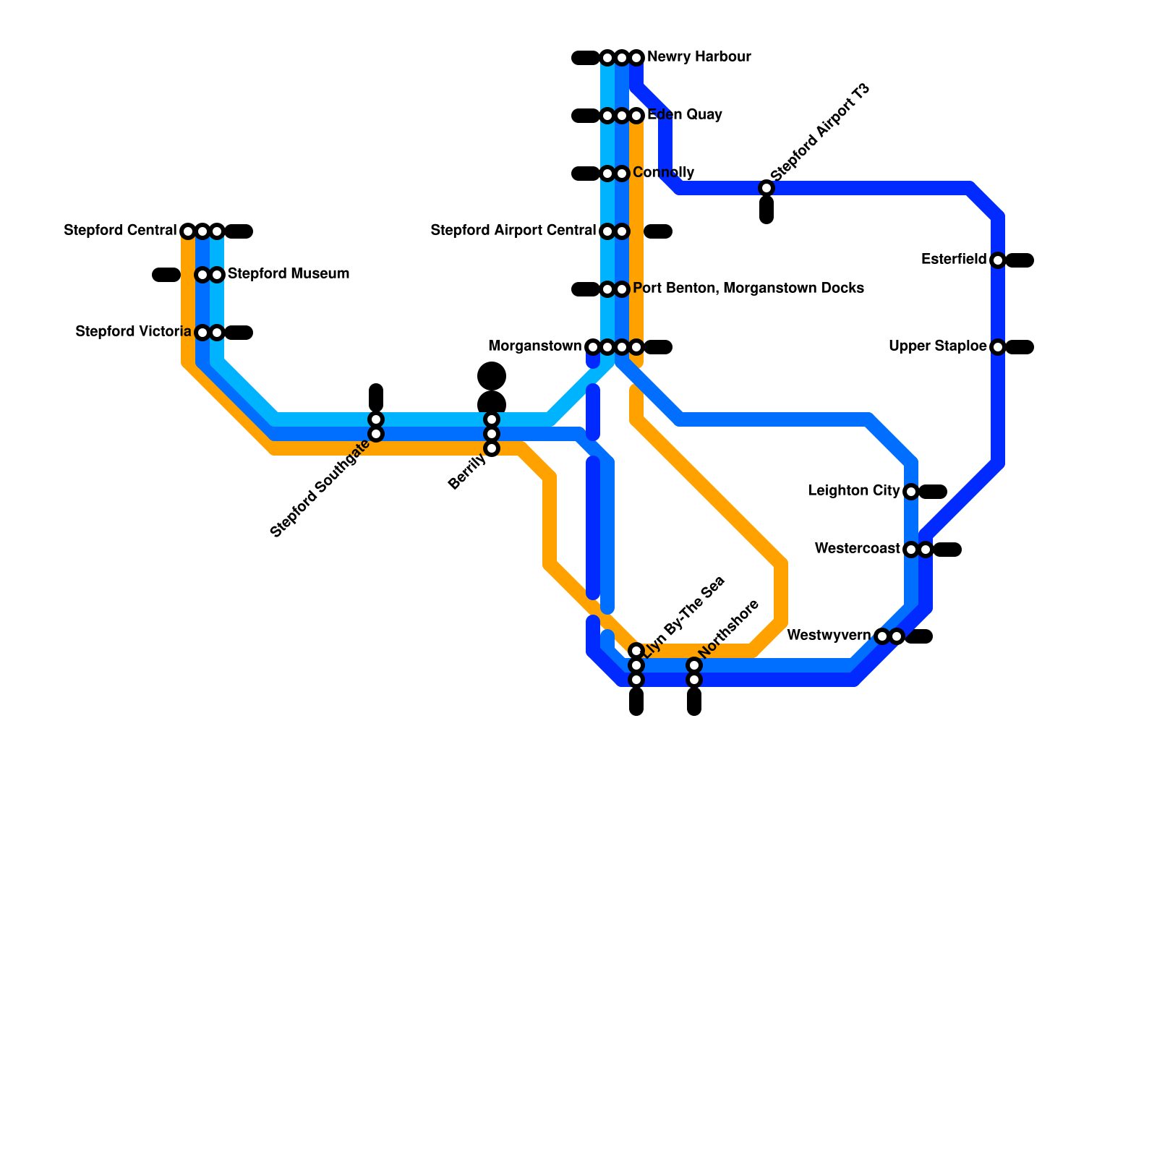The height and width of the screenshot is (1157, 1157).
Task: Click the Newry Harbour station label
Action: [699, 57]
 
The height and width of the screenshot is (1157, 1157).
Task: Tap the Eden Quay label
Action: [684, 115]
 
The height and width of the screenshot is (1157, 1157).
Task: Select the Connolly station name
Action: [663, 173]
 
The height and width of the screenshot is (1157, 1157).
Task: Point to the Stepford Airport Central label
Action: [513, 231]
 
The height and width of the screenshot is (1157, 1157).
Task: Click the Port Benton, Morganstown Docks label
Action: [748, 289]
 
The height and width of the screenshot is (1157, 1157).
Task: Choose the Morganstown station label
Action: [534, 346]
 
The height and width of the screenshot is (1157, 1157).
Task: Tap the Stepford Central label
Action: [120, 231]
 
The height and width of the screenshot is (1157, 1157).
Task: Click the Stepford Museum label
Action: [289, 274]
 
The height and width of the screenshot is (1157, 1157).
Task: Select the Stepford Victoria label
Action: [133, 332]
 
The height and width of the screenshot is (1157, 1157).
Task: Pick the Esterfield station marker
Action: [998, 260]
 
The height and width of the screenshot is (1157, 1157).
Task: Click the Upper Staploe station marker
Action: [998, 347]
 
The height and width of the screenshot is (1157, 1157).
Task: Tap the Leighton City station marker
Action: [911, 492]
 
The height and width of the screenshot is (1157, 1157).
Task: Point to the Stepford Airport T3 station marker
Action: [767, 188]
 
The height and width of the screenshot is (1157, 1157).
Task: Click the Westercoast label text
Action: [857, 549]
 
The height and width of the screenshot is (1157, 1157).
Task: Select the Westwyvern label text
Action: [829, 636]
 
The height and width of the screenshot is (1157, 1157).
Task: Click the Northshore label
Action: [729, 628]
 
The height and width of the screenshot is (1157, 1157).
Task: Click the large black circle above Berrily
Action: [492, 376]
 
